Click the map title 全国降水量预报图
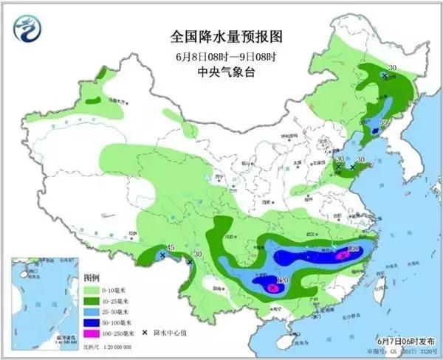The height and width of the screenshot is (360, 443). point(221,36)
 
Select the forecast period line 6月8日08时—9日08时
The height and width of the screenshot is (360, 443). point(221,56)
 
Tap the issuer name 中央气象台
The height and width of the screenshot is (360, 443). point(221,72)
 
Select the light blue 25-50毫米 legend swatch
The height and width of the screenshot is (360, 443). point(94,312)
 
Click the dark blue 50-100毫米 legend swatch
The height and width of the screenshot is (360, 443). point(94,324)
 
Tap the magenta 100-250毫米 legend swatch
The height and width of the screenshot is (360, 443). point(94,336)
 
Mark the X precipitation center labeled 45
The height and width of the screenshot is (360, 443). point(162,255)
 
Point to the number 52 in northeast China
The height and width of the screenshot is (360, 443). point(384,122)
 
